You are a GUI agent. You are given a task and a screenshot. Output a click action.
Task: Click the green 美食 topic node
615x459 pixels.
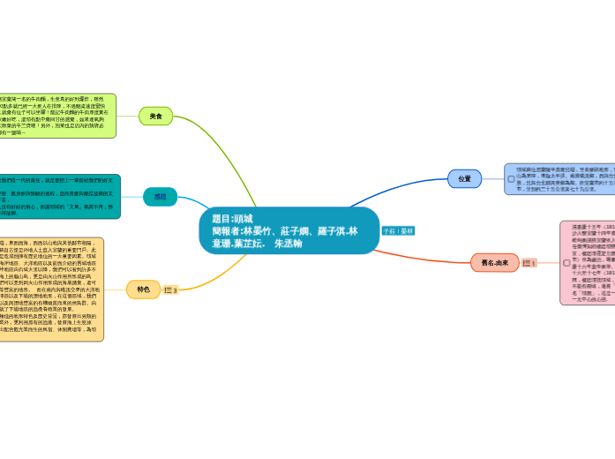point(155,116)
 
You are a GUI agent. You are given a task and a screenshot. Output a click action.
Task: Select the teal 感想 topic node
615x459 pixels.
point(160,197)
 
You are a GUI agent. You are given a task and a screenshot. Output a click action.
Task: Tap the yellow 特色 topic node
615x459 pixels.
point(144,289)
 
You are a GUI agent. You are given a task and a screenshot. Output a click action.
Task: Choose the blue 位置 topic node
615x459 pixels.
point(464,178)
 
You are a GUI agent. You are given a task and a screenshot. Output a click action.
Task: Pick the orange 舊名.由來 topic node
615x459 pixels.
point(494,263)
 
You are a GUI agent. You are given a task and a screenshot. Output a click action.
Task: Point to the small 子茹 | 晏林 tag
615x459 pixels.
point(398,230)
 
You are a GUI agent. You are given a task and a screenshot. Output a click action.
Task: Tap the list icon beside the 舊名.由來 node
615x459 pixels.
point(528,263)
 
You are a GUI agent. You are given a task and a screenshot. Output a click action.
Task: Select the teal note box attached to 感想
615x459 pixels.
point(62,197)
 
